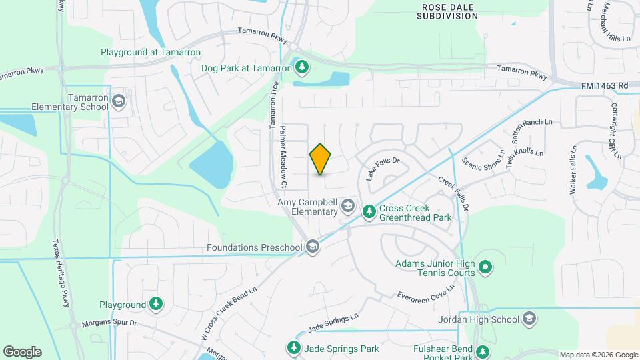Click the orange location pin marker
tap(320, 159)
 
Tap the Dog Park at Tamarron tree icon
tap(302, 67)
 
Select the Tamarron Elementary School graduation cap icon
tap(119, 101)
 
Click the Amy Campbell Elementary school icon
tap(347, 207)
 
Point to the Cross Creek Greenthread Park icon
tap(369, 211)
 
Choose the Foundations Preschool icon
tap(313, 247)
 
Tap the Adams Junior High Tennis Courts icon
tap(486, 267)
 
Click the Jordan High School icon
tap(530, 319)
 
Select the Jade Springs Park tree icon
tap(293, 348)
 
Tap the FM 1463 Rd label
tap(605, 85)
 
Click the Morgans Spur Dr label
tap(109, 323)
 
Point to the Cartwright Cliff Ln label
tap(615, 130)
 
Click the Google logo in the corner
tap(22, 351)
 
